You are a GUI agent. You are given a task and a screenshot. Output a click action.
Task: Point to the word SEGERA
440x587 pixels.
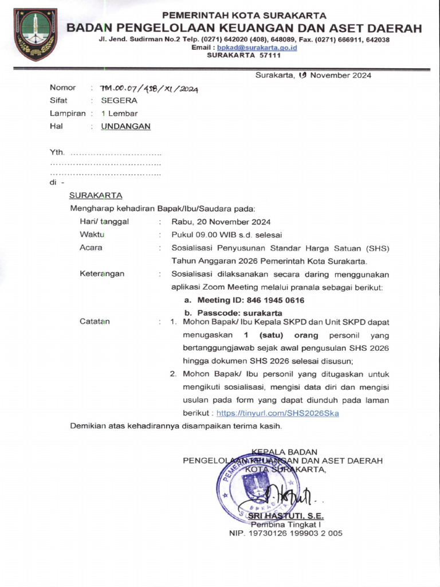coord(119,100)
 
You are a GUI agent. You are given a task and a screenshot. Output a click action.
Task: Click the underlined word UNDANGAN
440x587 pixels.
coord(126,127)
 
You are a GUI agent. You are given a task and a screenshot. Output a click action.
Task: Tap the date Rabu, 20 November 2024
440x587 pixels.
coord(221,222)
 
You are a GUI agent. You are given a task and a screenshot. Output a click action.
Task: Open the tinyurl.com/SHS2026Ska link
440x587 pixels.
coord(278,413)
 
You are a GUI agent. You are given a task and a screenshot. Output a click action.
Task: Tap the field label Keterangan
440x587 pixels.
coord(102,274)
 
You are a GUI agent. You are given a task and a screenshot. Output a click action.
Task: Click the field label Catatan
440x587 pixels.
coord(95,322)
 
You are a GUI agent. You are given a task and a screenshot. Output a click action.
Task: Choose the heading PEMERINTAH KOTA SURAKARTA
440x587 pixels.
coord(244,15)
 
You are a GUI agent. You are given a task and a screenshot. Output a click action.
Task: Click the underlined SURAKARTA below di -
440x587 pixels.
coord(96,195)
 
